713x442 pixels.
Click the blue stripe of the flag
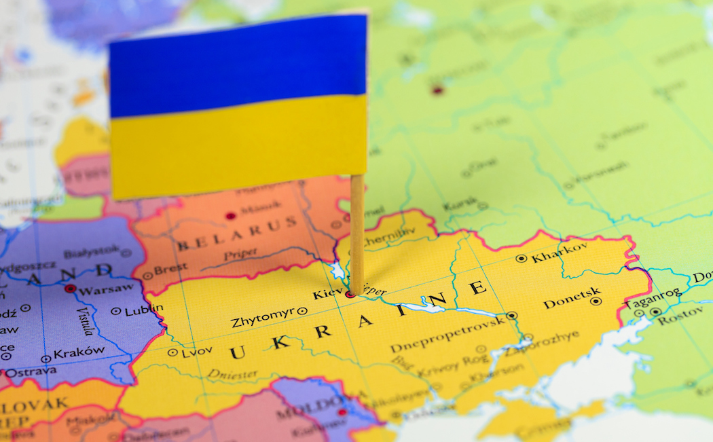tap(238, 65)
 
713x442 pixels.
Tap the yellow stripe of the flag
tap(238, 146)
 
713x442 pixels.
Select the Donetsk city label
tap(572, 299)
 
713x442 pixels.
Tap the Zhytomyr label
tap(263, 316)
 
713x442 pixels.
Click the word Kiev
tap(327, 295)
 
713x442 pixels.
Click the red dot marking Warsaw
tap(70, 289)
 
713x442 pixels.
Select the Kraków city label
tap(79, 353)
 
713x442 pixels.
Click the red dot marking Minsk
tap(230, 216)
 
